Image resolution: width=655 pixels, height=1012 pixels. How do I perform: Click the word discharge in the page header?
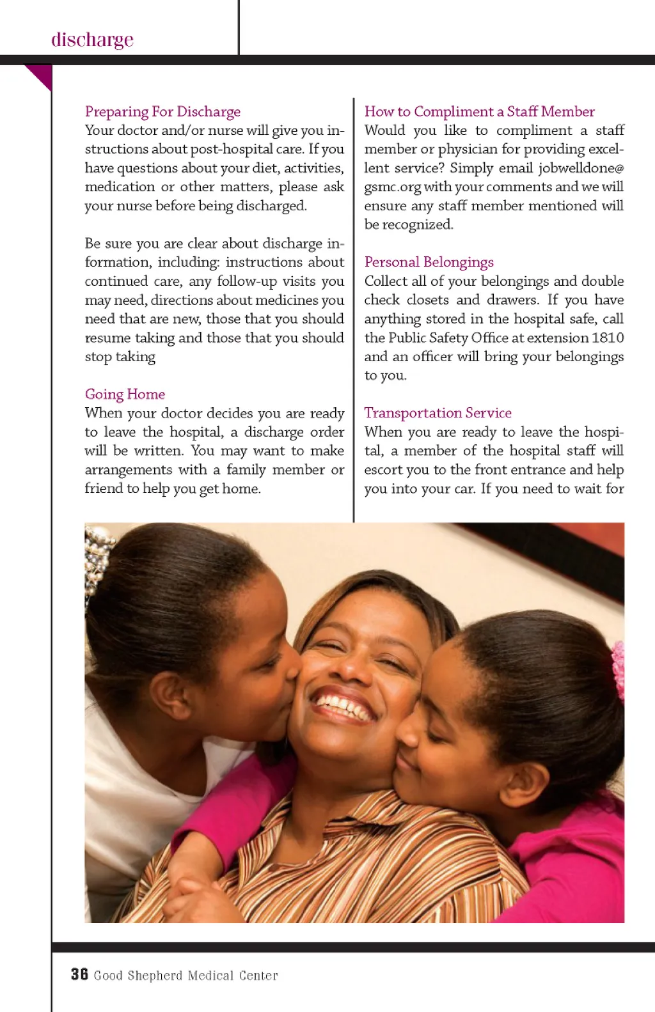click(92, 40)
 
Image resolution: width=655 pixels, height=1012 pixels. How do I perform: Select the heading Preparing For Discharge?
click(162, 112)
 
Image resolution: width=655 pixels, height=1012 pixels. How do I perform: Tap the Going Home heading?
click(125, 394)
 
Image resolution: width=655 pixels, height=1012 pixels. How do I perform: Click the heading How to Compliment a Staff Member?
click(479, 112)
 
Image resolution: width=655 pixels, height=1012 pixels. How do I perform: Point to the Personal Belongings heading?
click(429, 262)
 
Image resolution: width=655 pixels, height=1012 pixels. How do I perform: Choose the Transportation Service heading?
click(438, 413)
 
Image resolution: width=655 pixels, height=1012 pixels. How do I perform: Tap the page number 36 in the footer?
click(79, 974)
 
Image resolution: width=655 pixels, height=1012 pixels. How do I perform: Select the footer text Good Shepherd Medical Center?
click(185, 976)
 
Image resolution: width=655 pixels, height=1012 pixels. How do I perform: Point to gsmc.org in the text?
click(392, 187)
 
